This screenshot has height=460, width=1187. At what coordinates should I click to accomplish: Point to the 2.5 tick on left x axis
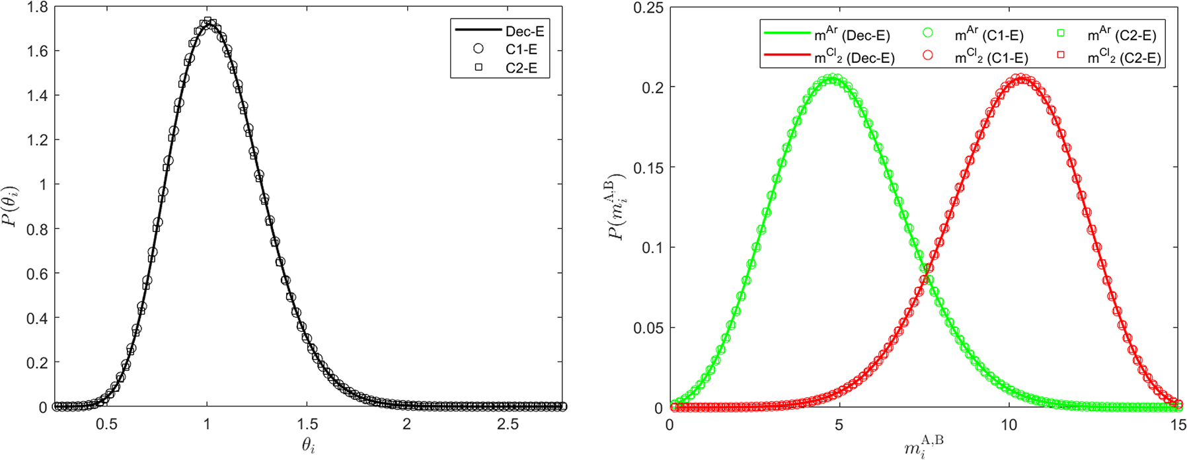point(508,424)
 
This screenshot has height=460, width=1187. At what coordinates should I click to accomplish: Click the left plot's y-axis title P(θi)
point(11,207)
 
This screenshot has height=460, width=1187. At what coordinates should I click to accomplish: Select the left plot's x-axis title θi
point(308,446)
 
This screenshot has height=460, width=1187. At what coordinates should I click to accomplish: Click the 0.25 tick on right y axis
point(648,7)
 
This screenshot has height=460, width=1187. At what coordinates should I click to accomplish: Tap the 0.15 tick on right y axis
point(648,168)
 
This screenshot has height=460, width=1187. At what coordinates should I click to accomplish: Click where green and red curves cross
point(928,268)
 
